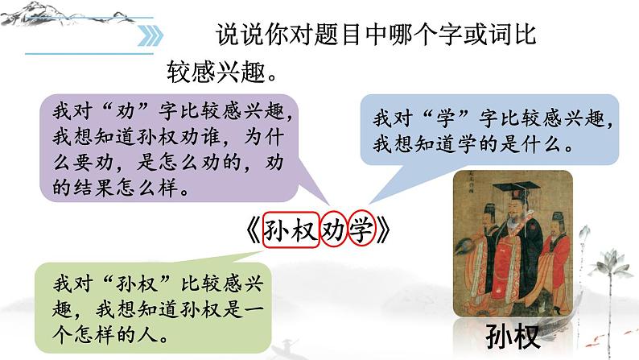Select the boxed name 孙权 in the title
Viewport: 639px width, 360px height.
tap(289, 230)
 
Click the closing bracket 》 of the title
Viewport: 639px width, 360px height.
tap(385, 231)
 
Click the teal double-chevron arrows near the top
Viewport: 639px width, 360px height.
tap(150, 35)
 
